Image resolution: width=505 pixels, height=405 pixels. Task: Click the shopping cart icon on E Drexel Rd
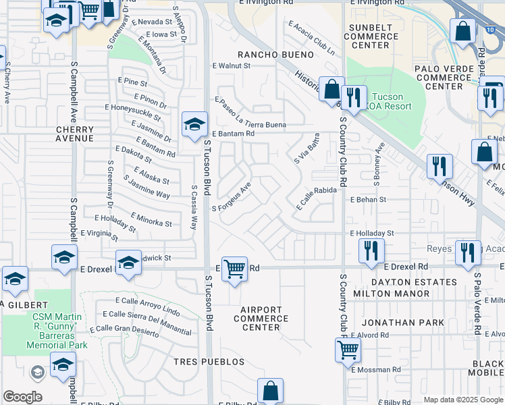coord(234,269)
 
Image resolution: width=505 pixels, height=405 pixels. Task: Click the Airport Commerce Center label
coord(261,319)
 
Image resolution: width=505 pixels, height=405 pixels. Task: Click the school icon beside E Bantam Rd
coord(194,124)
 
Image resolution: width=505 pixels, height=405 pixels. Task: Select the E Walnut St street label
coord(231,66)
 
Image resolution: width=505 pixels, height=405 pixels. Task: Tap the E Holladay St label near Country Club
coord(371,234)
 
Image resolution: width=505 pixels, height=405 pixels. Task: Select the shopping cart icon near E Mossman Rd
coord(348,350)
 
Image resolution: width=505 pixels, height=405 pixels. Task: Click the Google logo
coord(22,397)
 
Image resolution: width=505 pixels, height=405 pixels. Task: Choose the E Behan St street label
coord(368,200)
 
